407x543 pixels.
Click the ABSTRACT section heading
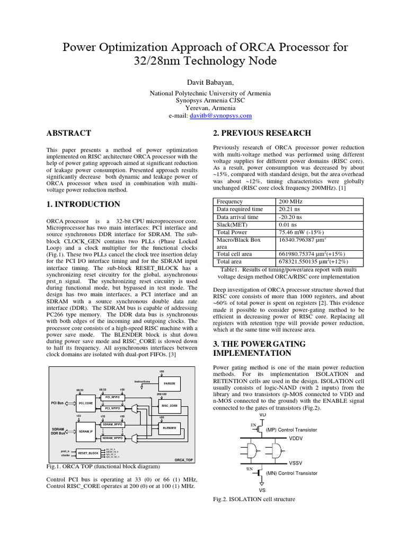[x=69, y=133]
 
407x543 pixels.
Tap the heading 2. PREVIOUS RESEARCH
[x=262, y=133]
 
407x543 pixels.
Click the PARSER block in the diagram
[x=169, y=383]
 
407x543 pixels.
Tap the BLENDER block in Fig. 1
[x=169, y=427]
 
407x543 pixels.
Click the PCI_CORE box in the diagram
[x=85, y=404]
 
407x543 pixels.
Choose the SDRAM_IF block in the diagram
[x=85, y=432]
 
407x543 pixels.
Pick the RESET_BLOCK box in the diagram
[x=88, y=453]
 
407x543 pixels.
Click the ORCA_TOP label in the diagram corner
[x=182, y=460]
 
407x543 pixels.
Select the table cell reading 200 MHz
[x=291, y=202]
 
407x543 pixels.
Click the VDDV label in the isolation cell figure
[x=296, y=439]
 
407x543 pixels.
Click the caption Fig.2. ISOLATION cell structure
[x=254, y=499]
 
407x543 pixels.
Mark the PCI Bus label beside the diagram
[x=57, y=403]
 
